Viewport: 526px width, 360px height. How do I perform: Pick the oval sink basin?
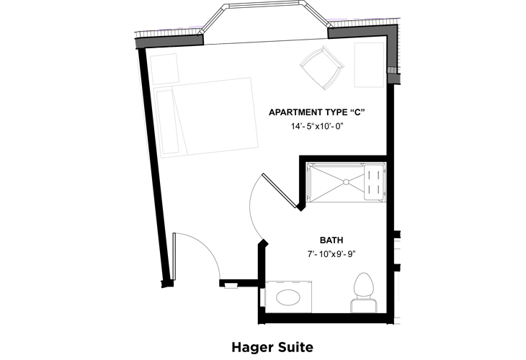point(290,297)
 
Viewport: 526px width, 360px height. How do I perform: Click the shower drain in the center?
point(345,181)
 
